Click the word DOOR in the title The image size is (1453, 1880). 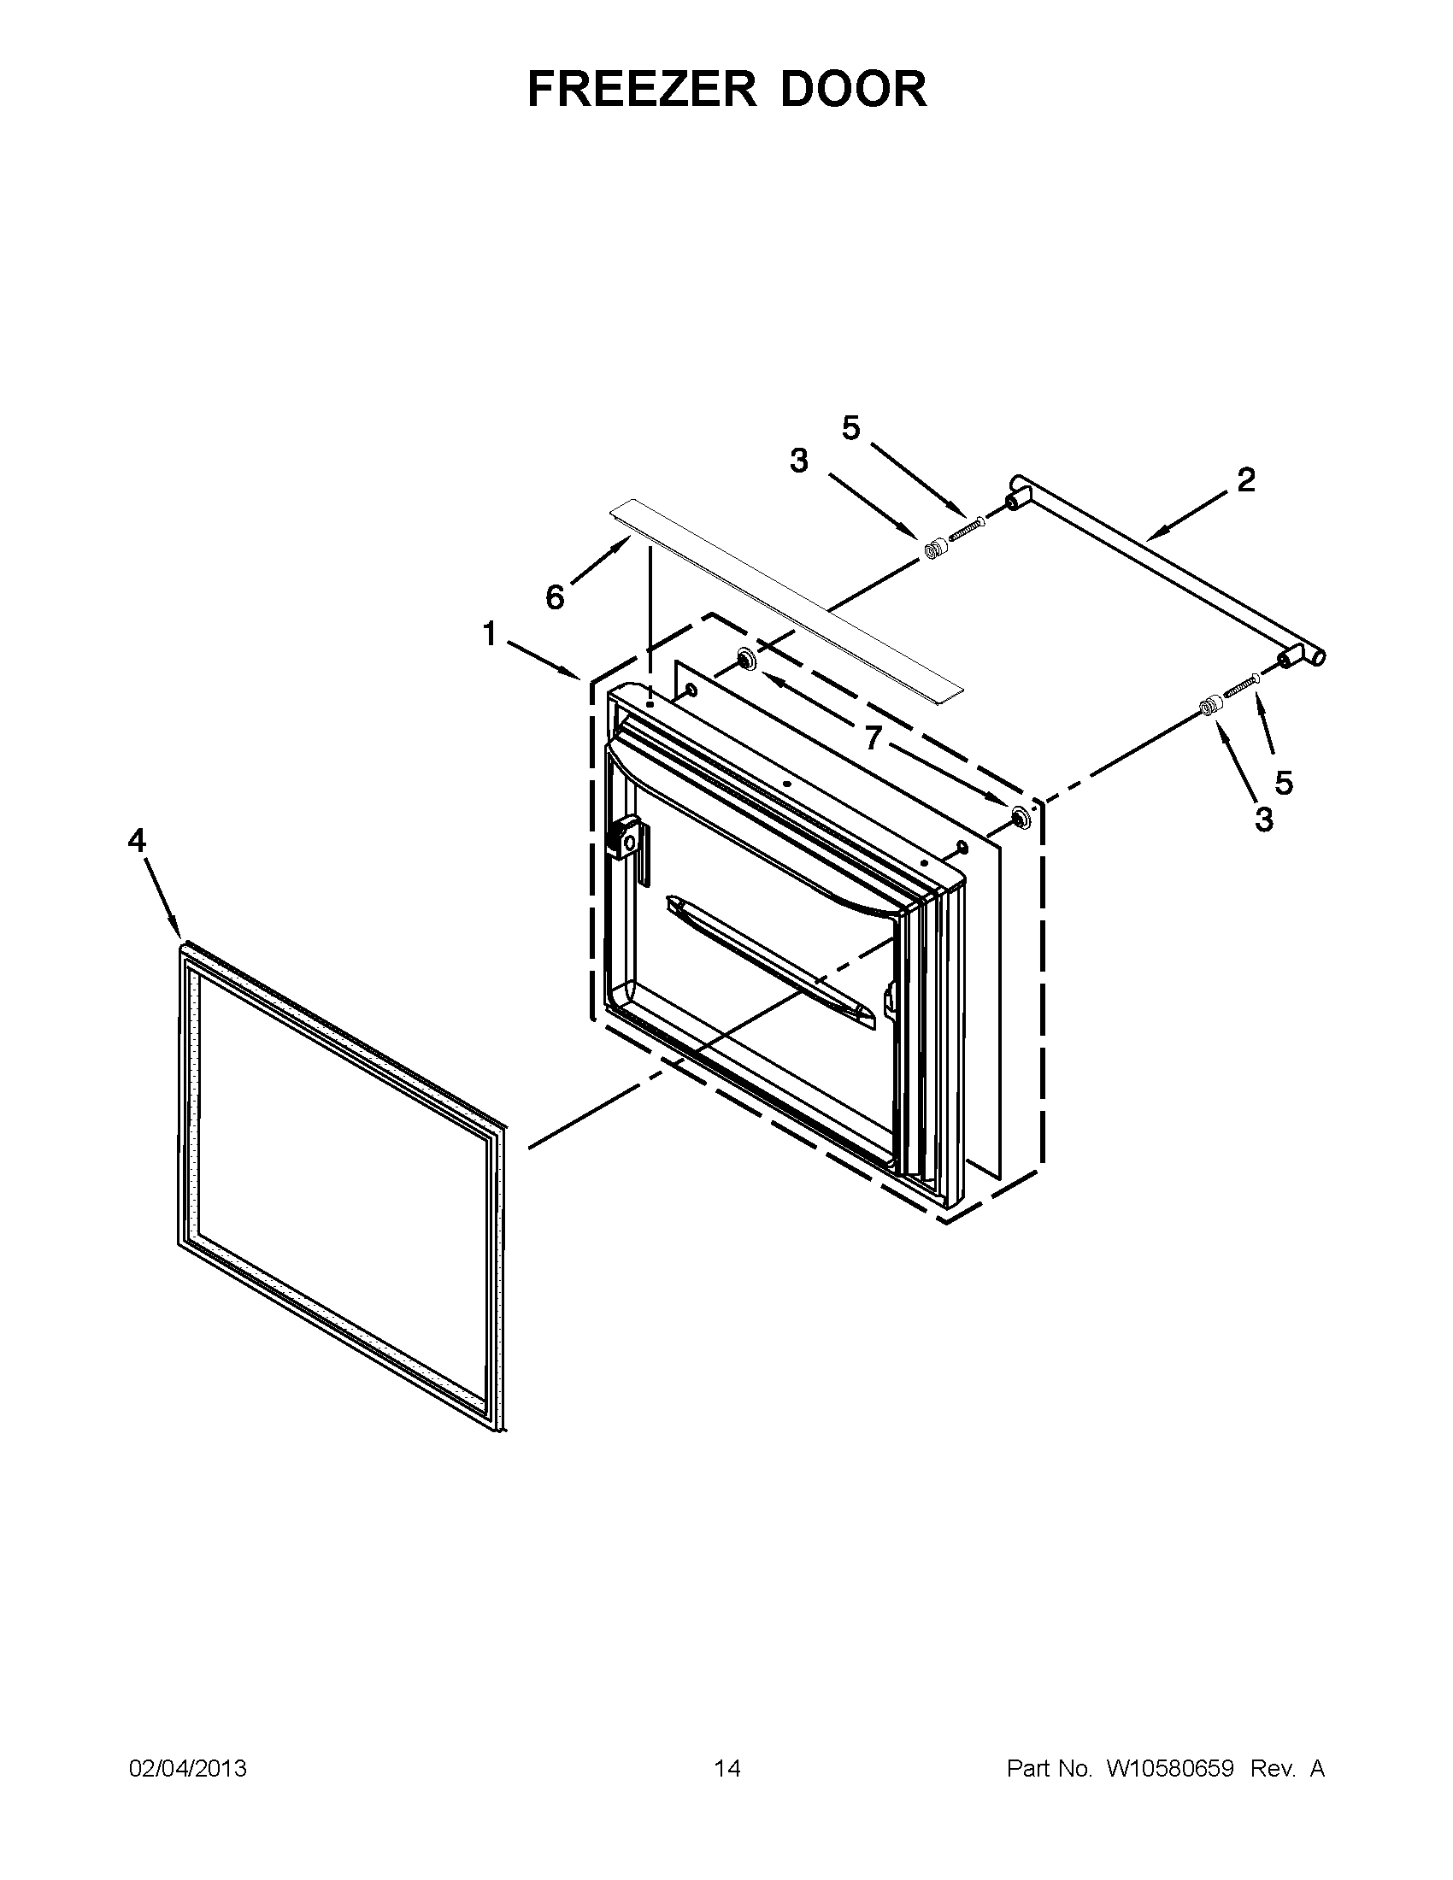[x=853, y=89]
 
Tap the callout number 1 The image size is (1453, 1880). [x=490, y=634]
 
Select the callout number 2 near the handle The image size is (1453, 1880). [x=1245, y=479]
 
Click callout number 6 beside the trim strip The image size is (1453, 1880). [x=556, y=596]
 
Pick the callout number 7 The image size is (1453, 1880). [x=874, y=737]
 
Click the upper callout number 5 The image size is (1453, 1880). [x=851, y=428]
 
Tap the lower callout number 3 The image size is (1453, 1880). [x=1263, y=819]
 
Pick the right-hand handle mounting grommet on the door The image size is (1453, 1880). [x=1019, y=818]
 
